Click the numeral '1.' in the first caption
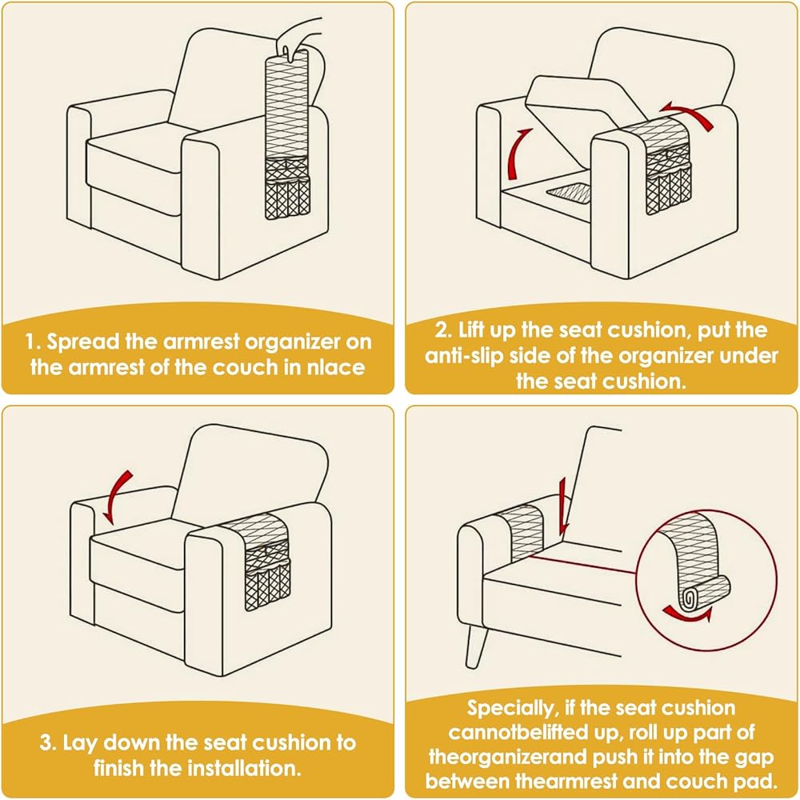pos(31,342)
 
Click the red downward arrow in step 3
pos(118,496)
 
